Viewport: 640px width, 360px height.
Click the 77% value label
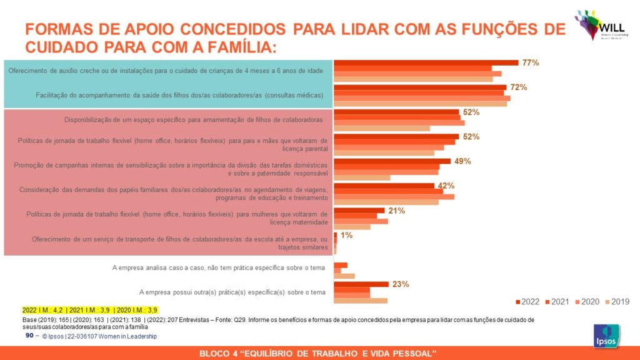point(531,62)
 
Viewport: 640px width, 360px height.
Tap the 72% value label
point(519,87)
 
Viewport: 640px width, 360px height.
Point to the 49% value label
point(463,161)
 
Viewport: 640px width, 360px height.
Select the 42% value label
point(446,186)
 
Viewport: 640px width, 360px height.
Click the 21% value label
point(397,211)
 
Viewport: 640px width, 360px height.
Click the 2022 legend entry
point(527,302)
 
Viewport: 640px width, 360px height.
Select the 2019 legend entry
point(617,302)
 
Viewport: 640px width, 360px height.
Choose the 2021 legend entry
point(557,302)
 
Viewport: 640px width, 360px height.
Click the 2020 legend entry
point(587,302)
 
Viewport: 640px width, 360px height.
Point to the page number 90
point(29,336)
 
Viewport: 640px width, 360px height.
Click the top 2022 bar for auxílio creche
point(426,62)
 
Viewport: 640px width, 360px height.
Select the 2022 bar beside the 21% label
point(359,210)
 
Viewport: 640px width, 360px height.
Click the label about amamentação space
point(194,119)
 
